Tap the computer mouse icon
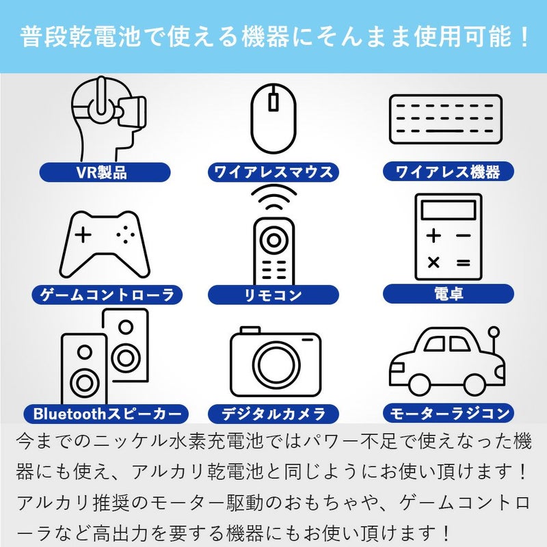(273, 118)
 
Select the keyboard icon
(445, 119)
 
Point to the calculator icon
(448, 236)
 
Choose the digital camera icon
(275, 362)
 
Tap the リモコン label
(273, 295)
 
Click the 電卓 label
(448, 294)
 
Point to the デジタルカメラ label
(273, 414)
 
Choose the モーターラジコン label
(448, 414)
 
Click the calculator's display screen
(448, 211)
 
